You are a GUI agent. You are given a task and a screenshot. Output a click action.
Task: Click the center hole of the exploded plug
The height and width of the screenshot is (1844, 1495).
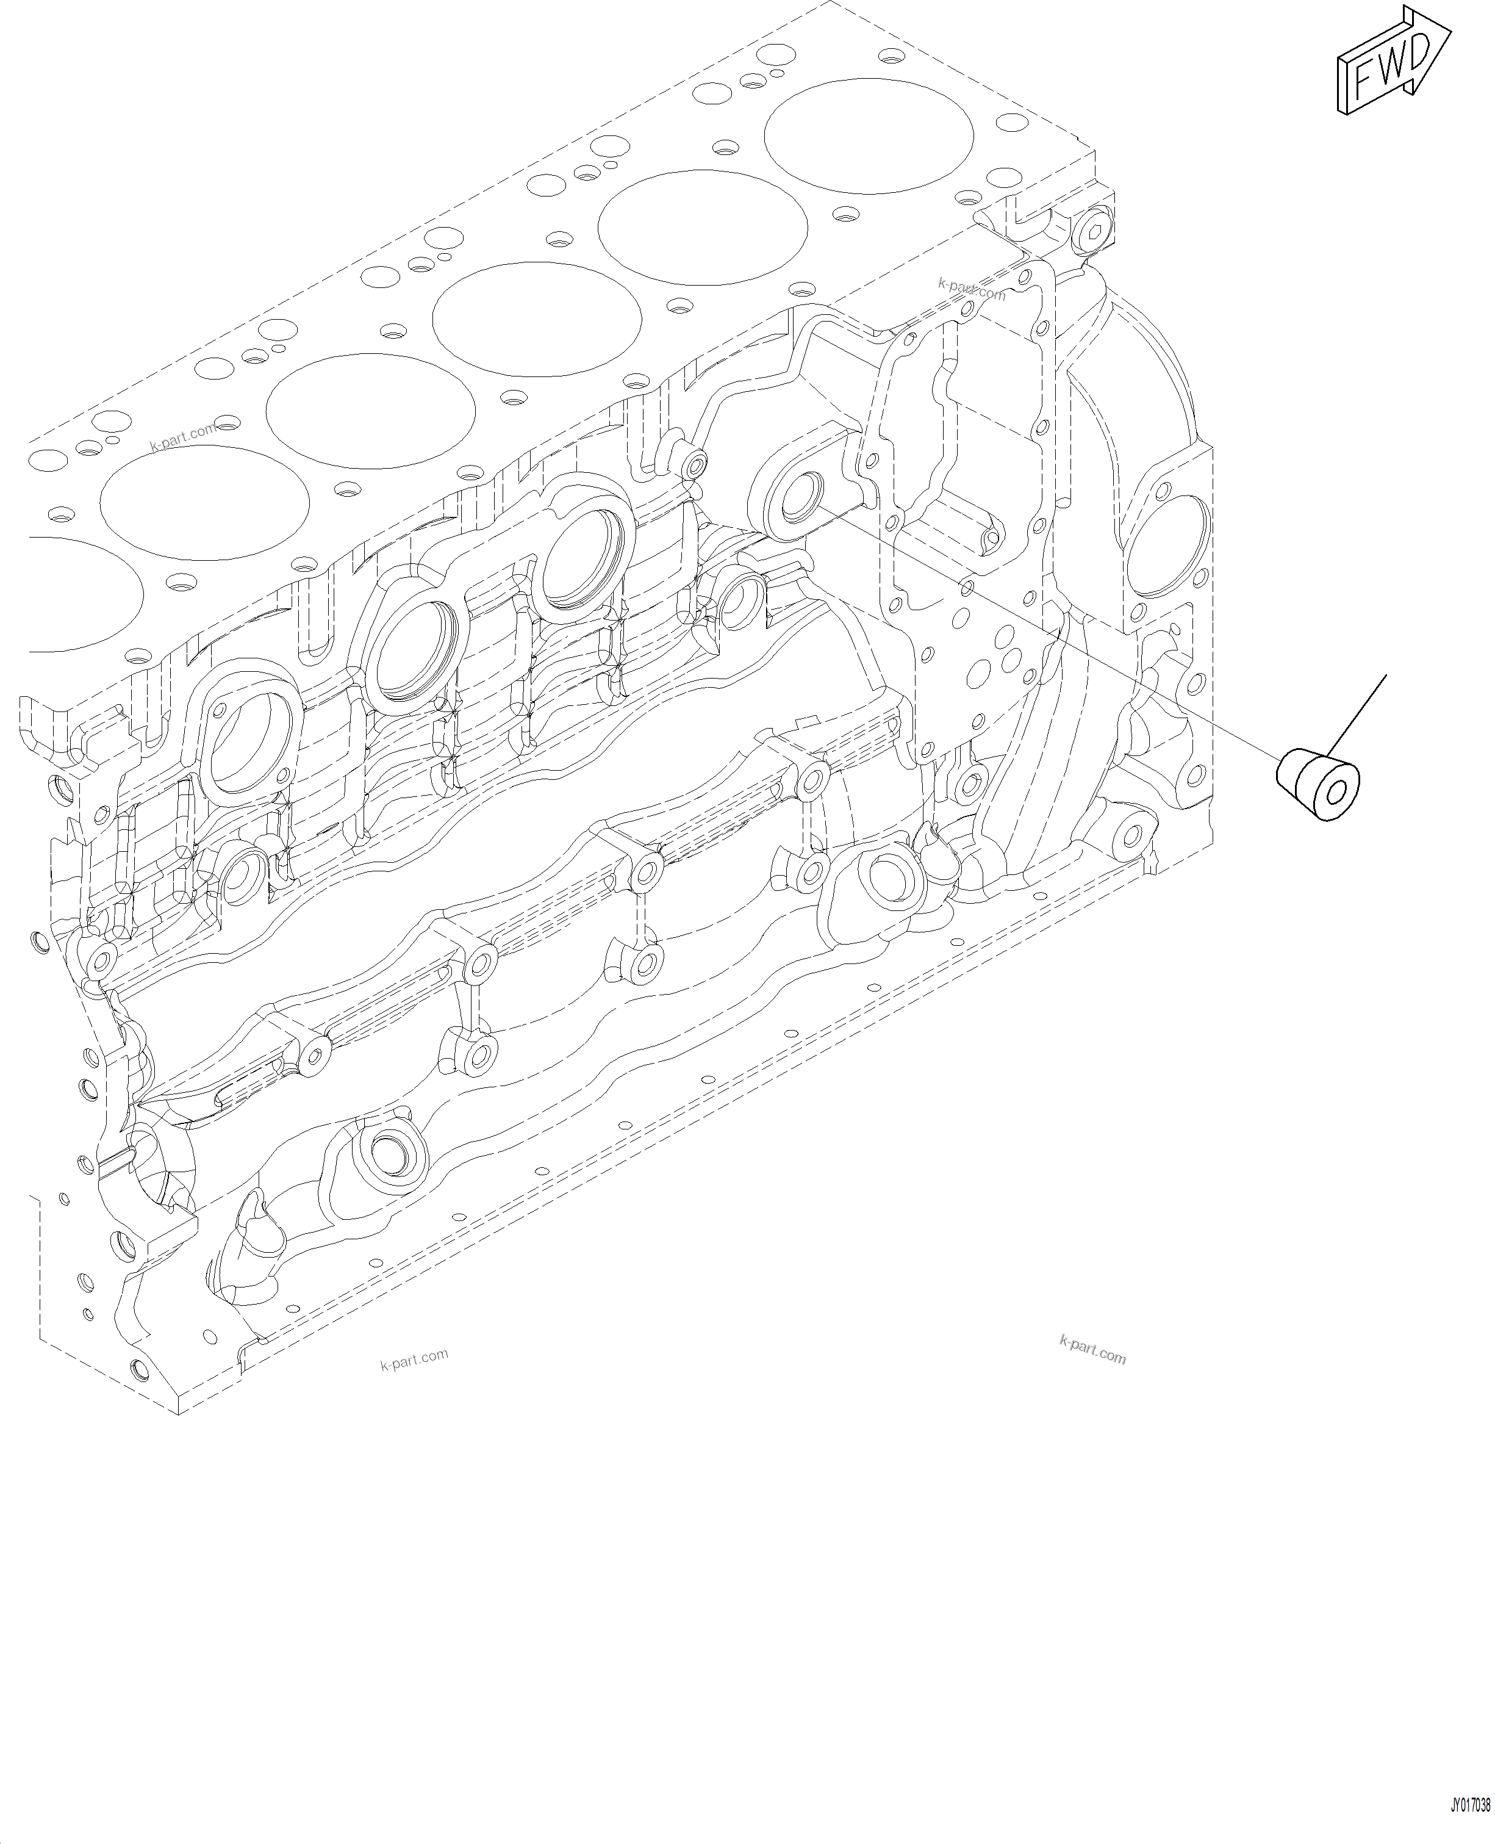tap(1335, 793)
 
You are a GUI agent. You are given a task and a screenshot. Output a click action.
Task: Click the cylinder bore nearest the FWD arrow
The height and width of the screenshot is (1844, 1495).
tap(868, 136)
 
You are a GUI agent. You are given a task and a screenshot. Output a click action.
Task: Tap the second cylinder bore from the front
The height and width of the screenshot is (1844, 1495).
tap(703, 228)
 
